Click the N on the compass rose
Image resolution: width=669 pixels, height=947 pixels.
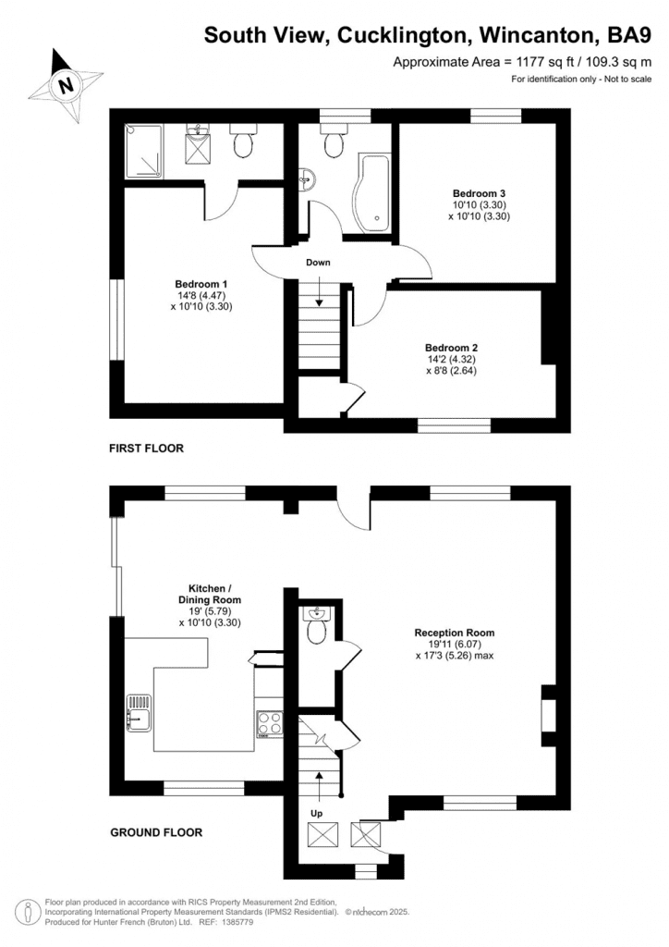[x=67, y=84]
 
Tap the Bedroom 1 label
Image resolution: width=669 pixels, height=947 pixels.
[x=201, y=284]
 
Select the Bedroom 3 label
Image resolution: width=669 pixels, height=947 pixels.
[x=479, y=193]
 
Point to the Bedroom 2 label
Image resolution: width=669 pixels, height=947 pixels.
[x=451, y=348]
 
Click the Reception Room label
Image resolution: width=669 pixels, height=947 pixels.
[x=455, y=633]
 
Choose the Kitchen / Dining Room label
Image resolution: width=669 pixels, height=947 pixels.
[x=210, y=595]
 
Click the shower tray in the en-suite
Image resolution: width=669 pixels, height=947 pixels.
[x=143, y=151]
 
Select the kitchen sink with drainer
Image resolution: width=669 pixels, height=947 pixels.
[x=139, y=713]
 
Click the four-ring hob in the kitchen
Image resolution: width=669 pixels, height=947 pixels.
[x=270, y=724]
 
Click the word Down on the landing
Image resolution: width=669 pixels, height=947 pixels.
[x=318, y=262]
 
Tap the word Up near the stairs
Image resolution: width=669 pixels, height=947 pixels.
[x=317, y=814]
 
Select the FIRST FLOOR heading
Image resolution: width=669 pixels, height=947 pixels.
[x=146, y=449]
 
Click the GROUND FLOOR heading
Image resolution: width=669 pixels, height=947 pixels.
[x=156, y=832]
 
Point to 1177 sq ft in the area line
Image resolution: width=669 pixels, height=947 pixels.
[x=532, y=62]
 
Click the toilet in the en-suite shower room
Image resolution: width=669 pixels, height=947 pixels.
[x=244, y=141]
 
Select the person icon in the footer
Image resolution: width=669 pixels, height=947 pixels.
[x=27, y=911]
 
